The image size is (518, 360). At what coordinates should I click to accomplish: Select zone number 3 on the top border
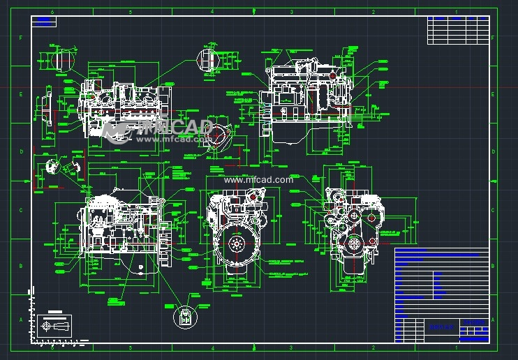coord(293,12)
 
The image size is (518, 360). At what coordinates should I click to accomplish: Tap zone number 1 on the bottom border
coord(455,347)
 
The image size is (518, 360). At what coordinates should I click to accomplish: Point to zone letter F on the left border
coord(21,38)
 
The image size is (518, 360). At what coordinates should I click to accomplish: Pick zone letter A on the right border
coord(494,318)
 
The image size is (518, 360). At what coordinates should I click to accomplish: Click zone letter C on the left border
coord(21,209)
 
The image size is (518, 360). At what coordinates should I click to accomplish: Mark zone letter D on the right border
coord(494,151)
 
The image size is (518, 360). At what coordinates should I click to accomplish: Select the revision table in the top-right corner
coord(457,29)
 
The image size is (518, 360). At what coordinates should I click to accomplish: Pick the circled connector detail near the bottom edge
coord(184,317)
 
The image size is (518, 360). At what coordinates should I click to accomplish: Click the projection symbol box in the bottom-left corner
coord(55,325)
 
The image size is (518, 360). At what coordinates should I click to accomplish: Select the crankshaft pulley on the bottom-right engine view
coord(353,243)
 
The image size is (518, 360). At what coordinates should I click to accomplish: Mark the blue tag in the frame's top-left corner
coord(43,22)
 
